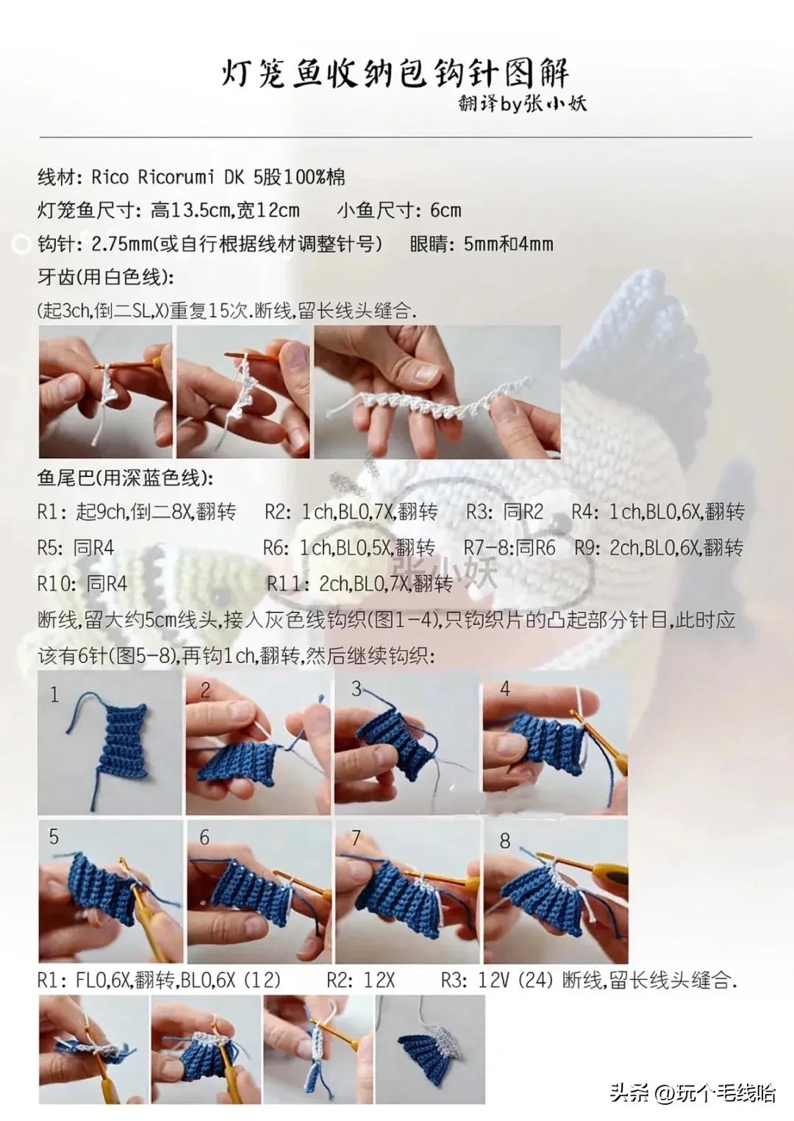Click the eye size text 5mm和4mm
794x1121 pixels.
(509, 244)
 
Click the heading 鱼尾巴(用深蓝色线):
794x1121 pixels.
(125, 479)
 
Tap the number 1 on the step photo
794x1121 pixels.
(54, 695)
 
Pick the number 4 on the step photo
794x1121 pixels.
(505, 690)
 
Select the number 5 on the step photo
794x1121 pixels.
(54, 837)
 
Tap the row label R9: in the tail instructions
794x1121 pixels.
(589, 548)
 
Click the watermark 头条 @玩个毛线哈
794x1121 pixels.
(692, 1093)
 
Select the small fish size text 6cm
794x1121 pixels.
(446, 211)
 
